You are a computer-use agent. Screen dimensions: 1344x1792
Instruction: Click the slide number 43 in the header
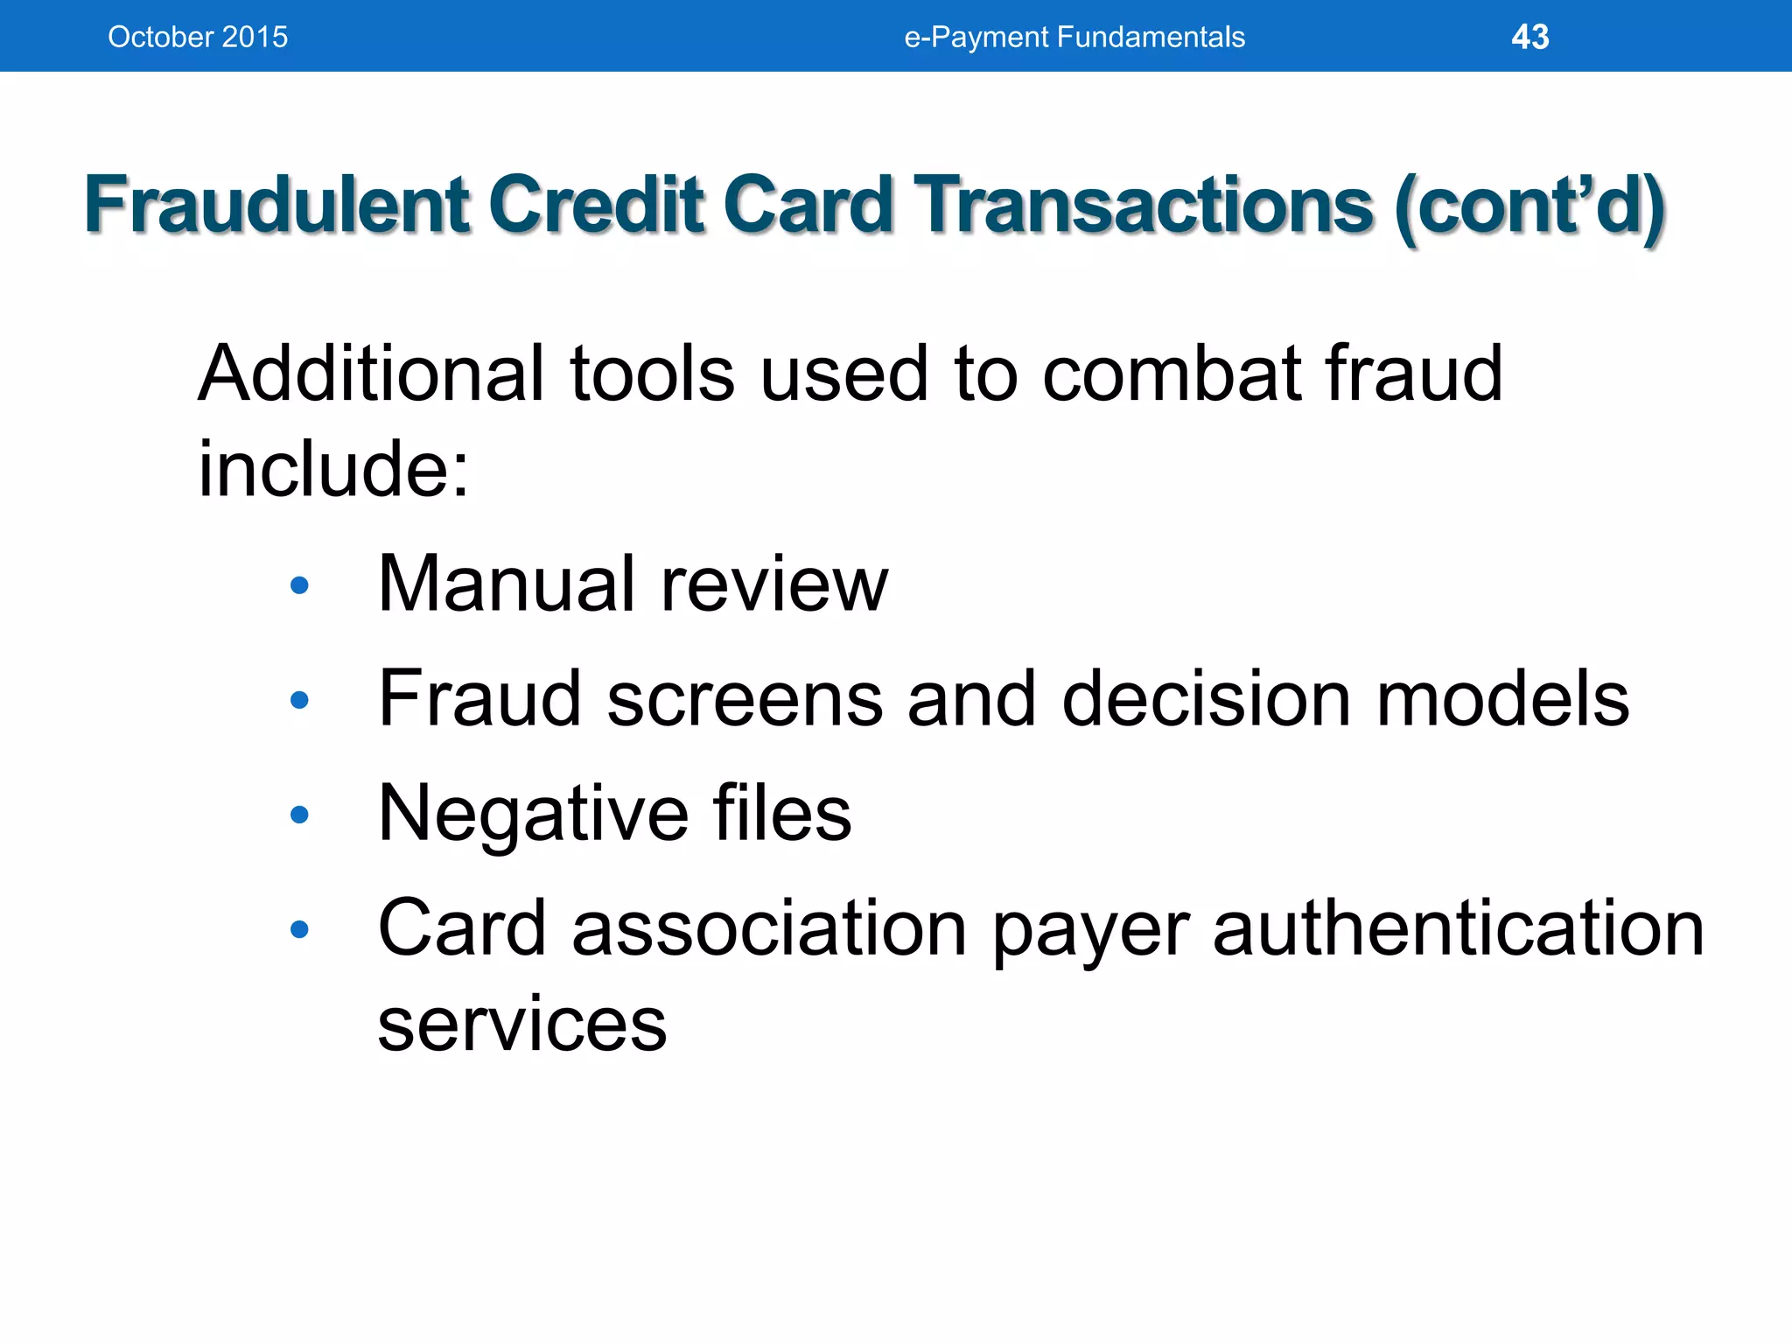[1529, 37]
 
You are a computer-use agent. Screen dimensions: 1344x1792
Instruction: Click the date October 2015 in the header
[198, 37]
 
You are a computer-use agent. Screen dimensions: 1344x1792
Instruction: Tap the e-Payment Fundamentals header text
[1074, 37]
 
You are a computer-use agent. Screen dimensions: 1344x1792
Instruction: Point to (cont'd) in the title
[1529, 206]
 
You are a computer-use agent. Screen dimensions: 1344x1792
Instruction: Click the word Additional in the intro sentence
[373, 374]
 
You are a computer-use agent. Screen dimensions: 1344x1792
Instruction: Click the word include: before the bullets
[333, 470]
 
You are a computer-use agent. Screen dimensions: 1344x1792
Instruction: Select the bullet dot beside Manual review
[299, 585]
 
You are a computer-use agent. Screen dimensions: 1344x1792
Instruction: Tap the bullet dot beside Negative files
[299, 815]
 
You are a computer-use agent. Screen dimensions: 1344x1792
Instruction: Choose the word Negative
[534, 814]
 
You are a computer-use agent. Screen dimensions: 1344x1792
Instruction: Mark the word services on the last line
[522, 1024]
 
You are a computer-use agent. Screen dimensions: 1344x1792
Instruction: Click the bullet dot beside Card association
[299, 929]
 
